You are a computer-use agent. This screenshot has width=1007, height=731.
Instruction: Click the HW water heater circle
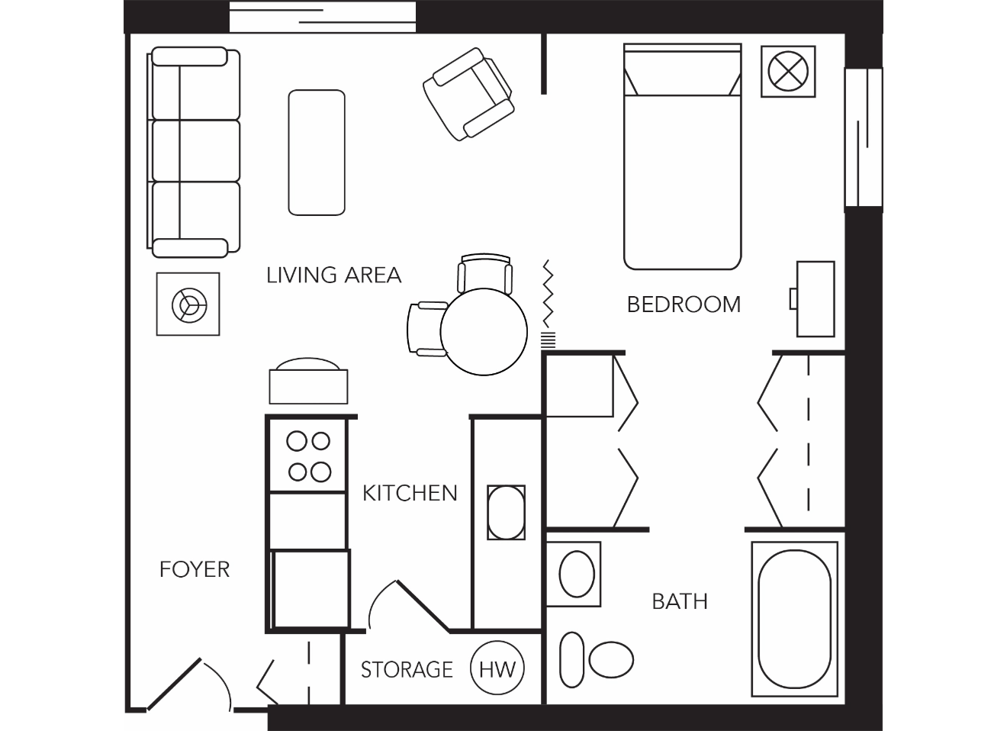click(497, 668)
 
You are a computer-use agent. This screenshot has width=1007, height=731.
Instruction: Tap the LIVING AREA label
click(333, 275)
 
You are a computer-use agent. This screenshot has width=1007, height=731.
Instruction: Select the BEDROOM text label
click(684, 304)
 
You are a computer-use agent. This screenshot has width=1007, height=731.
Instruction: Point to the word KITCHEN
click(410, 493)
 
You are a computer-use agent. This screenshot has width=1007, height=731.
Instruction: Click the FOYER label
click(195, 569)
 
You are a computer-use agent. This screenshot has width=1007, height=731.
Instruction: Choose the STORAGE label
click(407, 670)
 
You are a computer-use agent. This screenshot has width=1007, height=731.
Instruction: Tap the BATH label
click(680, 601)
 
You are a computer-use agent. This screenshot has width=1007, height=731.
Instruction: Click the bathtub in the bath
click(794, 619)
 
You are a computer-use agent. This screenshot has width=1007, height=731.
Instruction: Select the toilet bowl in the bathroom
click(611, 659)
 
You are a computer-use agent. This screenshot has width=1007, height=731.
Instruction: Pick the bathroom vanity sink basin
click(577, 574)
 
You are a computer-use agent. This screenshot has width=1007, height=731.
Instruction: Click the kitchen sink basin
click(507, 513)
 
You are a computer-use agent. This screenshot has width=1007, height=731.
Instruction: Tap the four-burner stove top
click(308, 456)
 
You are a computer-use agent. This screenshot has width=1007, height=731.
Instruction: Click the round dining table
click(484, 332)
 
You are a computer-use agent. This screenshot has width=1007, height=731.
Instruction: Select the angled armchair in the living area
click(468, 94)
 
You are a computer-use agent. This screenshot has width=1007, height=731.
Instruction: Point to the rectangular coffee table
click(317, 153)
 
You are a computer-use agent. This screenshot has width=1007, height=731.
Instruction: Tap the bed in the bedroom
click(683, 156)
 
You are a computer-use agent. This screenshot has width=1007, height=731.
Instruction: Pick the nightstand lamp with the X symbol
click(788, 71)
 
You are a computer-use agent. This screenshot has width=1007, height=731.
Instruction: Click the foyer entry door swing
click(189, 684)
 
